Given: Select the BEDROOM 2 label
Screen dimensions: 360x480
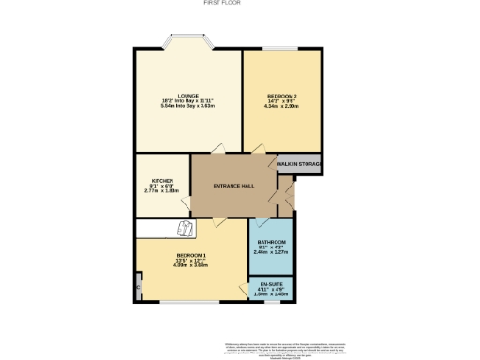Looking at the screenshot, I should (x=282, y=97).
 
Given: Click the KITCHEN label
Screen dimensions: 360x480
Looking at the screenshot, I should (x=163, y=180).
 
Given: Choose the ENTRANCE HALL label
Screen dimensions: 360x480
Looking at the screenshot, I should (x=232, y=186).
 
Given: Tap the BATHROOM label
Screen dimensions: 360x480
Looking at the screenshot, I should (x=272, y=241).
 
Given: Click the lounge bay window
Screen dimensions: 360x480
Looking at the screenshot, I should (x=188, y=41).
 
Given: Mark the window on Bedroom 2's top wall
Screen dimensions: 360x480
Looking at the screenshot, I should (x=282, y=48).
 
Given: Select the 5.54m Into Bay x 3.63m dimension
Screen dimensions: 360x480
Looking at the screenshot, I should (x=187, y=106).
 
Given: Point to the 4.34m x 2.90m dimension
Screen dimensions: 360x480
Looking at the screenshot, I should (x=282, y=107).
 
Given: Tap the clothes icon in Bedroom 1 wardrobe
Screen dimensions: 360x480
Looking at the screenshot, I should (x=186, y=229).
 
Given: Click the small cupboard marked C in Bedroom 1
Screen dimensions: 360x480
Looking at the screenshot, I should (x=139, y=280).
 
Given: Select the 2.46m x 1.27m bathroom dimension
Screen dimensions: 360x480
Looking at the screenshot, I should (x=272, y=251).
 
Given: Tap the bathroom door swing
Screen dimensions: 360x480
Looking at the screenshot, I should (x=261, y=222).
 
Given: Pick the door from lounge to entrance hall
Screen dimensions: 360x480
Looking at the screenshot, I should (x=217, y=150).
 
